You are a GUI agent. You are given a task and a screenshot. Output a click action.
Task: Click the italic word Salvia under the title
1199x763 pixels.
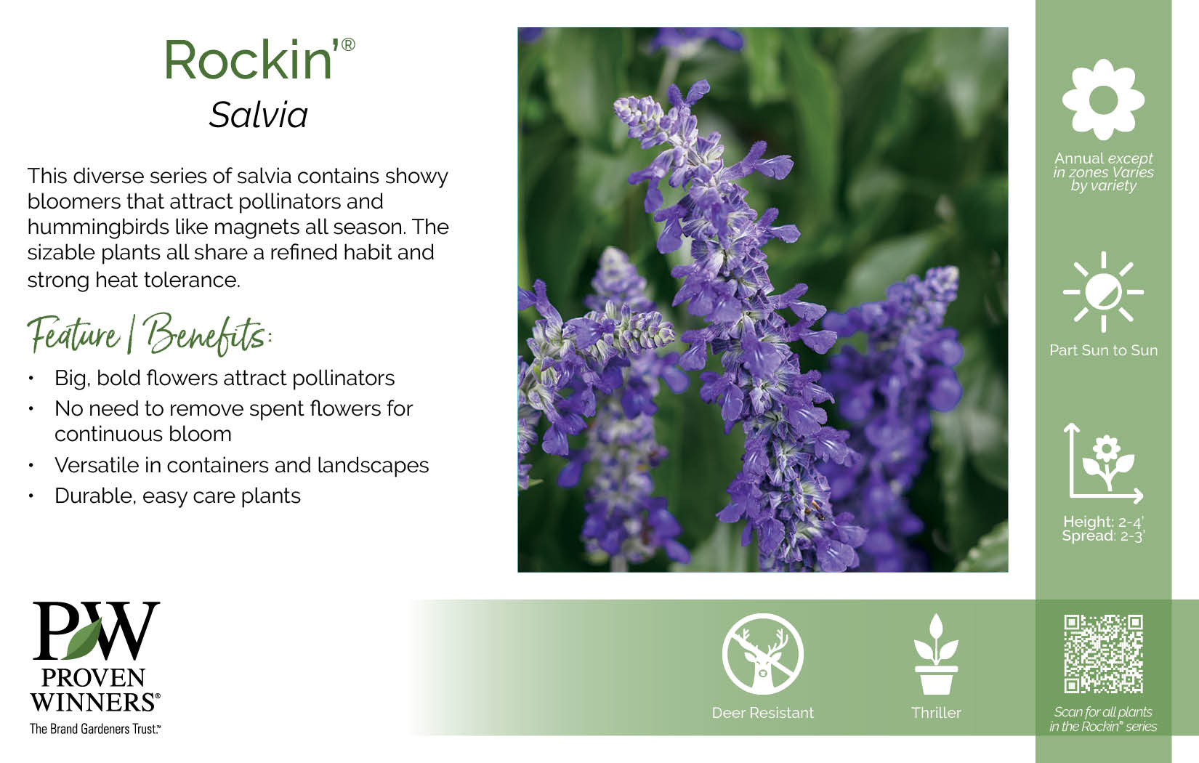259,115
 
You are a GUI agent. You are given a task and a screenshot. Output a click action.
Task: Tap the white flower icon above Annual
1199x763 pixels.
1103,100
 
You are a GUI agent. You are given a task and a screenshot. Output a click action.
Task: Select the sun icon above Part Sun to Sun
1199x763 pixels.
1103,292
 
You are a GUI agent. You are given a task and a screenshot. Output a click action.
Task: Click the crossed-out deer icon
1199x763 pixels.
763,654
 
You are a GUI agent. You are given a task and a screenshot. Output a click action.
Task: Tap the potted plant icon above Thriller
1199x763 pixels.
936,654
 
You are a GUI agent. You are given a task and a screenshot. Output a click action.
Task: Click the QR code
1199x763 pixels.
1104,654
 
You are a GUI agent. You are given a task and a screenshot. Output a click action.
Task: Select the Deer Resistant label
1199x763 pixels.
763,713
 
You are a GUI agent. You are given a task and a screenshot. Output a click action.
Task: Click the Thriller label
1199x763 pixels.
936,713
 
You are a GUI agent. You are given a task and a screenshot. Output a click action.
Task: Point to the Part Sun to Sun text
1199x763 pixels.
1103,350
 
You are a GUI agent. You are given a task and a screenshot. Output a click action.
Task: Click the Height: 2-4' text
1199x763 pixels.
1103,522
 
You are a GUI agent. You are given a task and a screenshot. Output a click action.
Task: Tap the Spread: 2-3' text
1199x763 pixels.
1103,536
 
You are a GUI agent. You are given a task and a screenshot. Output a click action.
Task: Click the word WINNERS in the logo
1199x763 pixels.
94,703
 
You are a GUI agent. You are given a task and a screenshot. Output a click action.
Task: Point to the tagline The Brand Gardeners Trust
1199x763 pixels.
94,729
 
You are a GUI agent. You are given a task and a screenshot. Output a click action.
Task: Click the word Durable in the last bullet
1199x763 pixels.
93,496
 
